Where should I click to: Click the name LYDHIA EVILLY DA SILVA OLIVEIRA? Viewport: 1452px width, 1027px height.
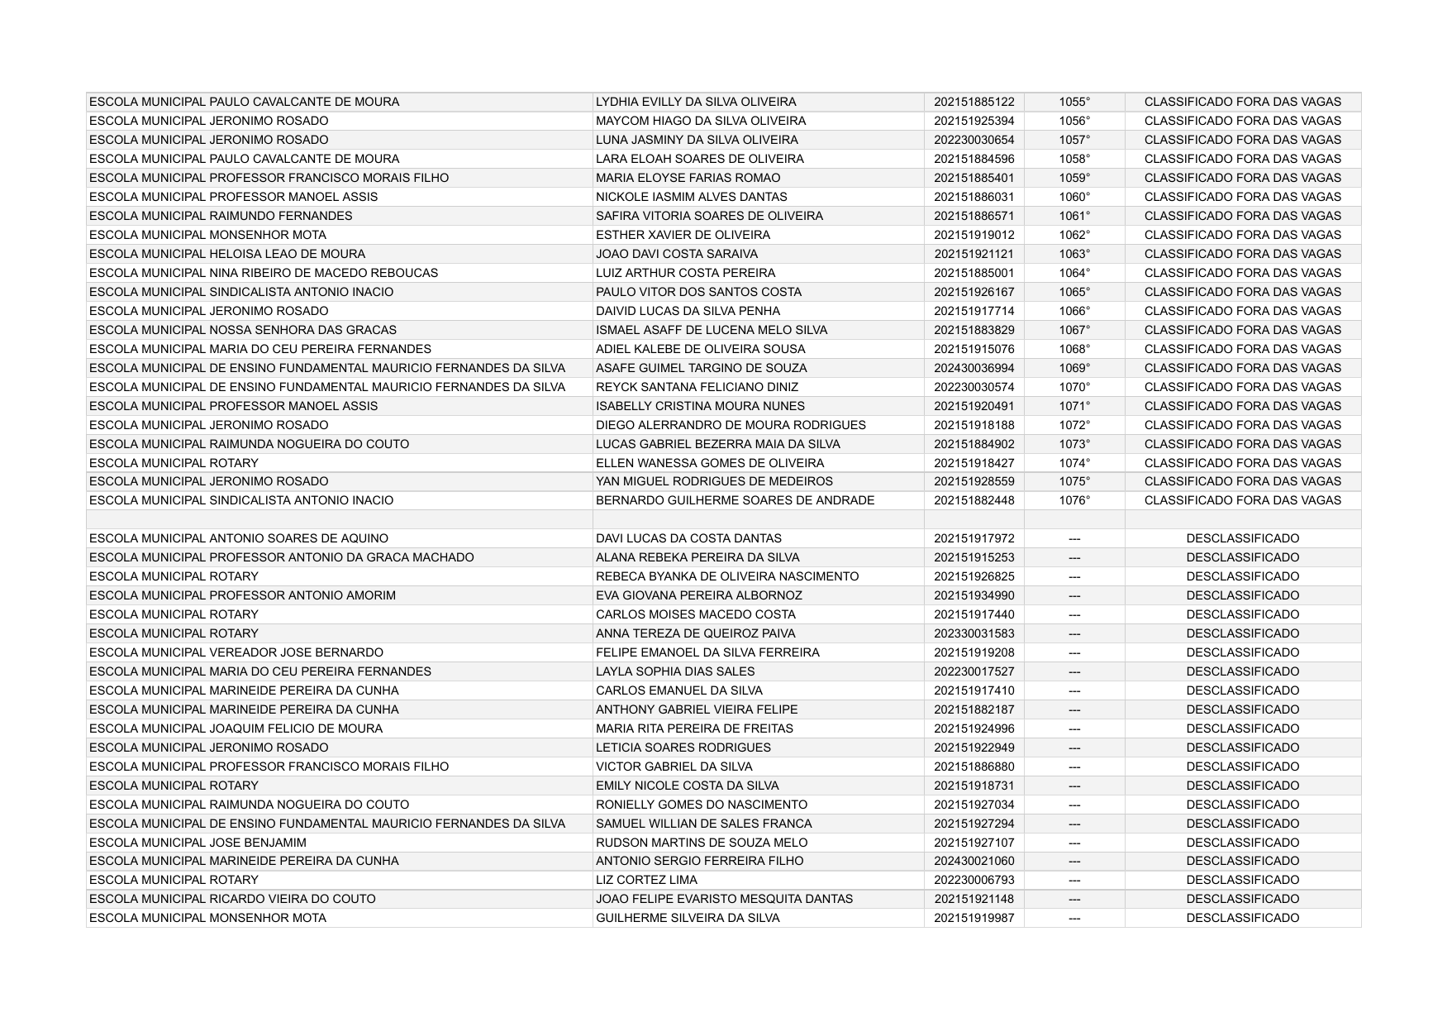point(696,102)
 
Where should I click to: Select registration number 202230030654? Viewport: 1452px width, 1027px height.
point(974,140)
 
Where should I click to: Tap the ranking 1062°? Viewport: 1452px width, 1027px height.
point(1074,235)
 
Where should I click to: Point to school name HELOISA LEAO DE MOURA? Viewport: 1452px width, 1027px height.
point(227,254)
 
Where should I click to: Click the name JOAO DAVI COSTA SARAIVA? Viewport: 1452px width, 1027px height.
point(676,254)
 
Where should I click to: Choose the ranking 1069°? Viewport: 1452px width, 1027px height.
point(1074,368)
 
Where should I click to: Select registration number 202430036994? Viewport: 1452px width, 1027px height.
point(974,368)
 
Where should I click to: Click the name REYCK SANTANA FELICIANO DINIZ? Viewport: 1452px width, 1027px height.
point(697,387)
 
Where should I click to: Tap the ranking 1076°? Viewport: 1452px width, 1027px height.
point(1074,500)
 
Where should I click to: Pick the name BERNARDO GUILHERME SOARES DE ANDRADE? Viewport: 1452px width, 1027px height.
point(735,500)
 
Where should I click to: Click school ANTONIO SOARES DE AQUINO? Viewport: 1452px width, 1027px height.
point(238,538)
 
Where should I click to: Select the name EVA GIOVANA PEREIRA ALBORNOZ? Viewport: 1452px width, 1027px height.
point(698,595)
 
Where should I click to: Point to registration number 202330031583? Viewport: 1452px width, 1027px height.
point(974,633)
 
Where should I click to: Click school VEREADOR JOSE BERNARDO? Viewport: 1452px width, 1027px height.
point(236,652)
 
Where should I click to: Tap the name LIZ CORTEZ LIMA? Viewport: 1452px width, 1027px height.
point(646,880)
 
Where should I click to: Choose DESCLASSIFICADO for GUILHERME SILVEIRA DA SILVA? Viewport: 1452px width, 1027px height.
point(1242,918)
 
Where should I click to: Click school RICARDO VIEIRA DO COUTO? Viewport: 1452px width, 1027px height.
point(232,899)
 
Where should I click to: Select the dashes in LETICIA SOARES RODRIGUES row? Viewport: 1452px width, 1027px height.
point(1074,748)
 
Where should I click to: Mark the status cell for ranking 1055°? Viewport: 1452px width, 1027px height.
point(1242,102)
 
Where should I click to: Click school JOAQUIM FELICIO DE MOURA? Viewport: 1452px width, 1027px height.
point(236,728)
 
